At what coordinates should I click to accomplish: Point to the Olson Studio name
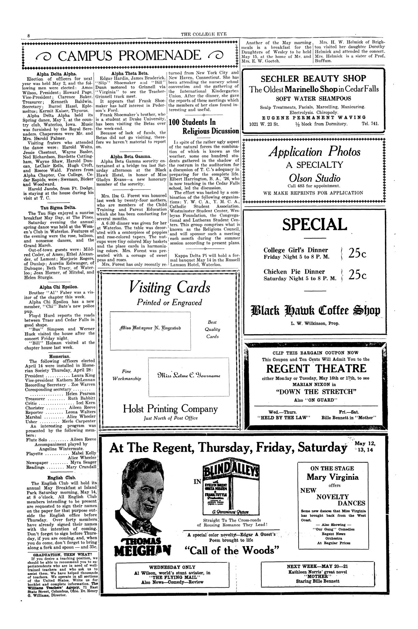[x=314, y=178]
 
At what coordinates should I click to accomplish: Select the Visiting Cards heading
[x=170, y=288]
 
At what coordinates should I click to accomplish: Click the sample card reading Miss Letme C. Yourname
[x=188, y=376]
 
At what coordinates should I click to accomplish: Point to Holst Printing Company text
[x=170, y=409]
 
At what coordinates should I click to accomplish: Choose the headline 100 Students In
[x=193, y=122]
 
